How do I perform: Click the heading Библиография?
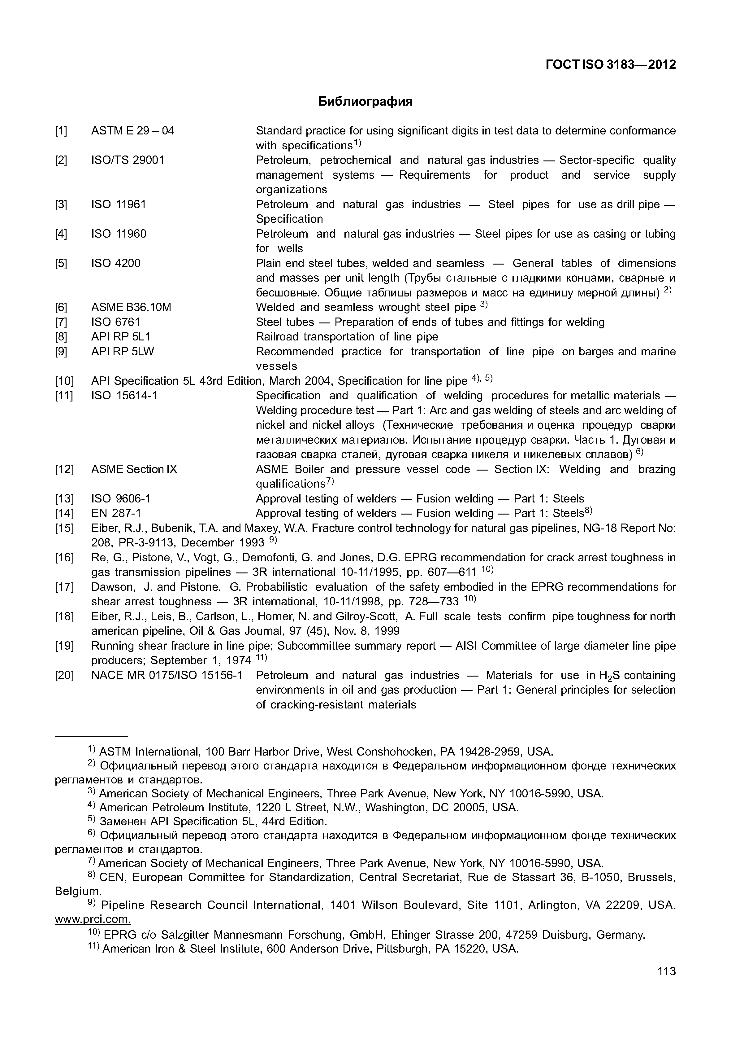coord(365,101)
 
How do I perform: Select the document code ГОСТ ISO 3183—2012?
coord(611,65)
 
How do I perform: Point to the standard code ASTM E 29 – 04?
coord(132,131)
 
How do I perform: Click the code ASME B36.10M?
coord(131,307)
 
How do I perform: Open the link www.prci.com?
coord(93,919)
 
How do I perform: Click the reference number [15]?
coord(64,528)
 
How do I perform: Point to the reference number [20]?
coord(64,675)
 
